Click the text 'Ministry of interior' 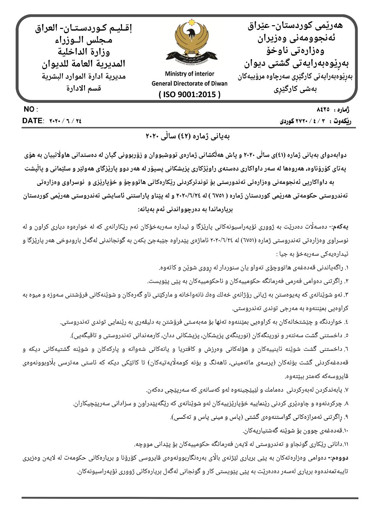[x=189, y=74]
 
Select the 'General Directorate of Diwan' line [x=189, y=83]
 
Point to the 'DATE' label [x=32, y=121]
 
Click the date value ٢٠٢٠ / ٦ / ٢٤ [x=65, y=121]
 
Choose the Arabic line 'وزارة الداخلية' [x=84, y=51]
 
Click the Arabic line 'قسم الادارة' [x=84, y=88]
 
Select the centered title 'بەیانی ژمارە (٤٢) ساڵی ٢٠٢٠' [x=188, y=136]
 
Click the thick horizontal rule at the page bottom [x=190, y=498]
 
